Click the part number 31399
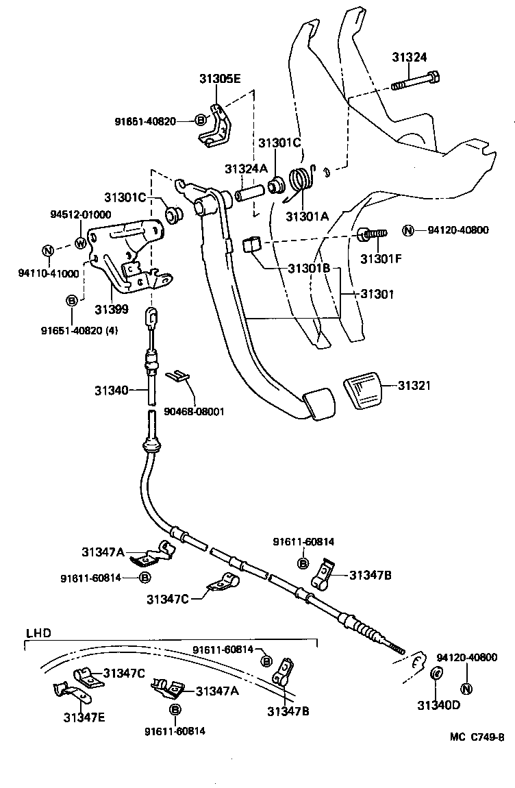click(111, 309)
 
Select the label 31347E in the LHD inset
click(85, 717)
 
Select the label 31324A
click(246, 168)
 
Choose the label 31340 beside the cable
click(111, 391)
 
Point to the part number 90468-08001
click(194, 412)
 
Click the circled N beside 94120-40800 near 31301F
click(407, 230)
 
